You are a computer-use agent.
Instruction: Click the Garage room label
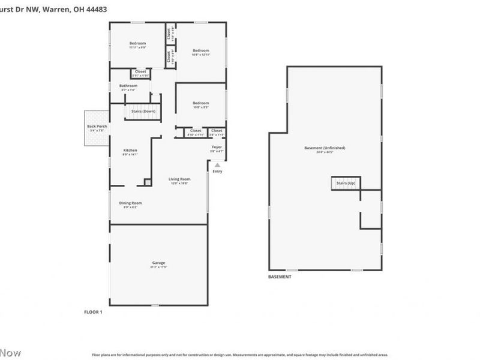158,263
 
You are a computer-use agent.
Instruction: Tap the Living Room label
179,179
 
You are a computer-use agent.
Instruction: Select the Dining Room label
130,203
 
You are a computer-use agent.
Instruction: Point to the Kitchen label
130,150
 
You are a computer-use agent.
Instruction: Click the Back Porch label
97,126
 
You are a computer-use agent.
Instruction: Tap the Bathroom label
128,85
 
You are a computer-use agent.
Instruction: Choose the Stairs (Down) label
143,111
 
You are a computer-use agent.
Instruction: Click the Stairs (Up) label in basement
346,182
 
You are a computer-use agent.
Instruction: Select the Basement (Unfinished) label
325,148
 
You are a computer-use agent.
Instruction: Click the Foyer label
217,147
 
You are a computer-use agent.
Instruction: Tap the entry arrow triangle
217,166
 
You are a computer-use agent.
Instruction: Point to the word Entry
217,172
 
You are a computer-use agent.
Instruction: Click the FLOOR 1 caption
93,312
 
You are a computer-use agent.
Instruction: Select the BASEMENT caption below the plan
280,277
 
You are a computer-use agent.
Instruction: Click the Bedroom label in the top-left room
137,43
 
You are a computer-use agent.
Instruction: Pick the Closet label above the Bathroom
140,71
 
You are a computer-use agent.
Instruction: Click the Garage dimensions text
158,267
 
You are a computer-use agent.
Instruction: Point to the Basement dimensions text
325,152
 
